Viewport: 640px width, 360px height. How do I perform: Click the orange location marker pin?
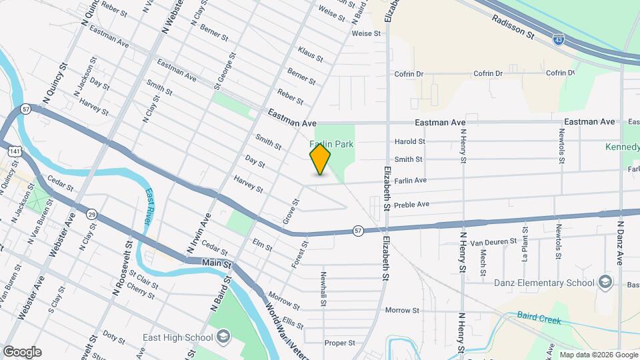(x=321, y=159)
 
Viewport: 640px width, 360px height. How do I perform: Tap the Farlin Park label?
(x=331, y=144)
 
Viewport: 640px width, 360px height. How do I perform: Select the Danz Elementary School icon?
(x=605, y=282)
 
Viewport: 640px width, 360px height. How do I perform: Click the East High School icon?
(x=223, y=335)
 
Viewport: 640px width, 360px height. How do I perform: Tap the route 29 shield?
(x=92, y=213)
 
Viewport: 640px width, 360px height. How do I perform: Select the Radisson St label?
(x=513, y=27)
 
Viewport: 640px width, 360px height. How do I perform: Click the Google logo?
(x=21, y=351)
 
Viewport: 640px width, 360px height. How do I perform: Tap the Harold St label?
(x=409, y=141)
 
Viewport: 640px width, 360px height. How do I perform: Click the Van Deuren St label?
(x=493, y=241)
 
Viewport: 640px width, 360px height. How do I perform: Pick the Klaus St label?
(x=311, y=55)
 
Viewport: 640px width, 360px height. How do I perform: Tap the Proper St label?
(x=340, y=343)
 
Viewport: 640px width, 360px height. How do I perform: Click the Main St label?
(x=216, y=264)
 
